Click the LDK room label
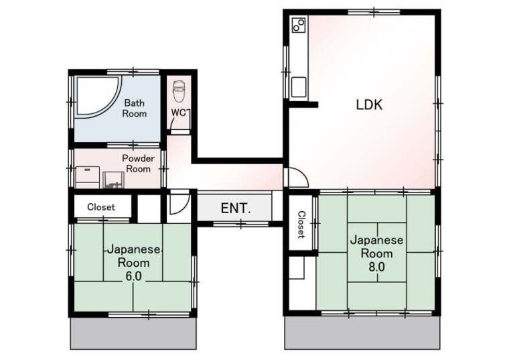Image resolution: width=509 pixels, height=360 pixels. pyautogui.click(x=369, y=105)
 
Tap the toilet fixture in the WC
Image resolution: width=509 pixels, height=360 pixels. pyautogui.click(x=179, y=91)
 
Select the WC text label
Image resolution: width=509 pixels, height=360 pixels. pyautogui.click(x=179, y=113)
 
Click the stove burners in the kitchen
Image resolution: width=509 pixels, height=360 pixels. pyautogui.click(x=299, y=25)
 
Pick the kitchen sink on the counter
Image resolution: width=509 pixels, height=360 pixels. pyautogui.click(x=299, y=86)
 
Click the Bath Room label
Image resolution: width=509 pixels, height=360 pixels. pyautogui.click(x=134, y=108)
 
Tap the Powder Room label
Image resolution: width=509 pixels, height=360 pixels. pyautogui.click(x=138, y=164)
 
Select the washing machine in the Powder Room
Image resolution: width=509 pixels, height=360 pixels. pyautogui.click(x=87, y=178)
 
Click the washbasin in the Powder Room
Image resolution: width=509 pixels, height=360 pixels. pyautogui.click(x=113, y=180)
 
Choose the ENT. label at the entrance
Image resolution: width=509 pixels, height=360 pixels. pyautogui.click(x=236, y=208)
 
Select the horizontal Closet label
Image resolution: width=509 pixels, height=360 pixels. pyautogui.click(x=101, y=207)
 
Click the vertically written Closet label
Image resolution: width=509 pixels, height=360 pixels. pyautogui.click(x=301, y=225)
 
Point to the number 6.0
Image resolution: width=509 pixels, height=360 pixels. pyautogui.click(x=133, y=276)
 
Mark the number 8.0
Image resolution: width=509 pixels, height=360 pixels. pyautogui.click(x=376, y=267)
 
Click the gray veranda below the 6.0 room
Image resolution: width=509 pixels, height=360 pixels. pyautogui.click(x=133, y=333)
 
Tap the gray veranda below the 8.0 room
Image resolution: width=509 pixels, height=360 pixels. pyautogui.click(x=362, y=333)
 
